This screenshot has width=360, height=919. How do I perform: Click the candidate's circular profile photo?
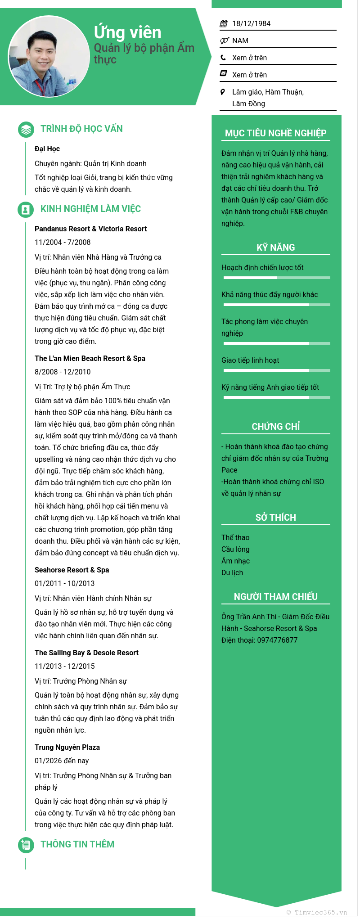pyautogui.click(x=49, y=57)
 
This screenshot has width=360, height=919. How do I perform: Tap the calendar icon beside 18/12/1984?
pyautogui.click(x=224, y=24)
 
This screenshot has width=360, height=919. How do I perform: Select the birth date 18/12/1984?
pyautogui.click(x=251, y=24)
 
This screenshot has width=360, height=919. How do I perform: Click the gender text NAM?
pyautogui.click(x=240, y=41)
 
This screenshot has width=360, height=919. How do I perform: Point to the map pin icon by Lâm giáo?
pyautogui.click(x=223, y=92)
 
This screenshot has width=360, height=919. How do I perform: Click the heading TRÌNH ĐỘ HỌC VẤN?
pyautogui.click(x=81, y=129)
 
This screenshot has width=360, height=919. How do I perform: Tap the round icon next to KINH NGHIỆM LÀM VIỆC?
pyautogui.click(x=26, y=209)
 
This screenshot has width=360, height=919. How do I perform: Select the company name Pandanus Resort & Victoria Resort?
pyautogui.click(x=90, y=229)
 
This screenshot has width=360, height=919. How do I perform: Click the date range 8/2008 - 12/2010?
pyautogui.click(x=63, y=372)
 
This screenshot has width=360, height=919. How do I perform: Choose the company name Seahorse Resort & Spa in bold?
pyautogui.click(x=72, y=570)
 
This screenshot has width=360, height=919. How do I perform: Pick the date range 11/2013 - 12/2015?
pyautogui.click(x=65, y=666)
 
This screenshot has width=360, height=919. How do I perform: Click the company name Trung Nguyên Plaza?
pyautogui.click(x=67, y=747)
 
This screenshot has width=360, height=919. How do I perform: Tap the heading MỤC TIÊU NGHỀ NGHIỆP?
pyautogui.click(x=275, y=133)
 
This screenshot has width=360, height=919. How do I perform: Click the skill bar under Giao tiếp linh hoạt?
pyautogui.click(x=277, y=370)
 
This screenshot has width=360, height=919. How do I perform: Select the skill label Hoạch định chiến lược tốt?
pyautogui.click(x=262, y=268)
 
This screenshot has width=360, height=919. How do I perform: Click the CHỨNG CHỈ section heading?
pyautogui.click(x=275, y=427)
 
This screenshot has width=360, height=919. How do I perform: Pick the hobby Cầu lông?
pyautogui.click(x=235, y=549)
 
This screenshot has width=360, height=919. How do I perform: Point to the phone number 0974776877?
pyautogui.click(x=277, y=640)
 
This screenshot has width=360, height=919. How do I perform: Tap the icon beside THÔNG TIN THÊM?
pyautogui.click(x=26, y=845)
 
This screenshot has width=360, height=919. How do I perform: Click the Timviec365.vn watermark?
pyautogui.click(x=317, y=912)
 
